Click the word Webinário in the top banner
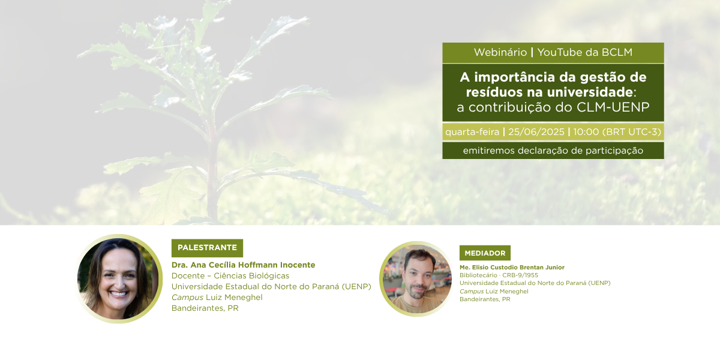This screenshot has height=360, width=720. coord(500,52)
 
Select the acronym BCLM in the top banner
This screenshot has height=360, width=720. coord(617,52)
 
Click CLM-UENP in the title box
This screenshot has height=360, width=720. coord(613,107)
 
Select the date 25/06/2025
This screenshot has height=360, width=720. coord(536,132)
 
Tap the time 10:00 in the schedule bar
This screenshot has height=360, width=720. coord(586,132)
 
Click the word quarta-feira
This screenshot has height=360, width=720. coord(472,132)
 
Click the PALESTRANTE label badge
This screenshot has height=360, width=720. coord(208,248)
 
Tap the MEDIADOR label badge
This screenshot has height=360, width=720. coord(485,253)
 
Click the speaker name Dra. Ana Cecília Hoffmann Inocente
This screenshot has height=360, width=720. coord(244,265)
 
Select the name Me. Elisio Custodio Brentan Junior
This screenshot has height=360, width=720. coord(512,268)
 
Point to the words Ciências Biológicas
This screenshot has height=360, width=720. coord(251,276)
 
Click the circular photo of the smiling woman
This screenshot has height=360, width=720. coord(119,278)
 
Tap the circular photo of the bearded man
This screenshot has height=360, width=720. coord(416,278)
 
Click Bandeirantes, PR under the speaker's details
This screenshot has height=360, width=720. coord(205,308)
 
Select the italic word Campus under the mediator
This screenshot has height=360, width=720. coord(472,292)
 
